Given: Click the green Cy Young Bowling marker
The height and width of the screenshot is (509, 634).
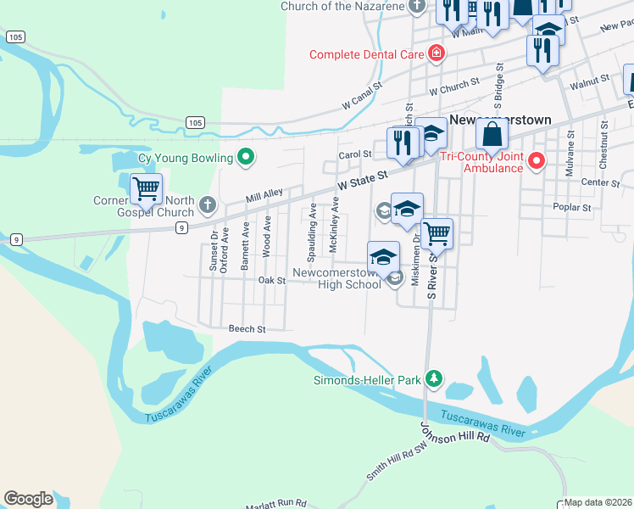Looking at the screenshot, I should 246,157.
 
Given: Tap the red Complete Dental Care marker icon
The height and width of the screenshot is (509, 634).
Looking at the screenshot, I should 436,53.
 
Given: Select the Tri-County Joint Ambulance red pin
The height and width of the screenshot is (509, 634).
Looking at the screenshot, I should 536,160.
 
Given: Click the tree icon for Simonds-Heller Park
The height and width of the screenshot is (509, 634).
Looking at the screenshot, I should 434,378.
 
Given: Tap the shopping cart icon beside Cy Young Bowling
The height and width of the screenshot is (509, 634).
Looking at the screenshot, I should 146,187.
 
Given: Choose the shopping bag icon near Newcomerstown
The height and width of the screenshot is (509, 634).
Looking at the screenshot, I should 492,134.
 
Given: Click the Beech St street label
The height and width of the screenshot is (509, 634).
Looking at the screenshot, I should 247,329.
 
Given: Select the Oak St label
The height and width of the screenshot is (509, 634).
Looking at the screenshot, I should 272,280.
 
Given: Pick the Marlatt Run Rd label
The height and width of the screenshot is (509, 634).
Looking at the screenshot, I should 275,503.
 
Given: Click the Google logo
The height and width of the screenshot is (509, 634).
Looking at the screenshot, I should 28,499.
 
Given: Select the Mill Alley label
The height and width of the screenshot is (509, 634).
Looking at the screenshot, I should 264,195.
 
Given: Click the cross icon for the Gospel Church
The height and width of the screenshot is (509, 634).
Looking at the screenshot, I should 208,204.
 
